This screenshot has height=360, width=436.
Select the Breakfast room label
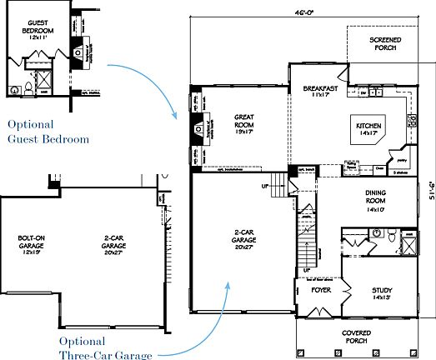click(321, 92)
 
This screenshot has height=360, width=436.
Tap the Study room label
click(382, 293)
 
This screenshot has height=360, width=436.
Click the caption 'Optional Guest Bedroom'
click(48, 132)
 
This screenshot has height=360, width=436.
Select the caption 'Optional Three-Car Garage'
click(106, 348)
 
